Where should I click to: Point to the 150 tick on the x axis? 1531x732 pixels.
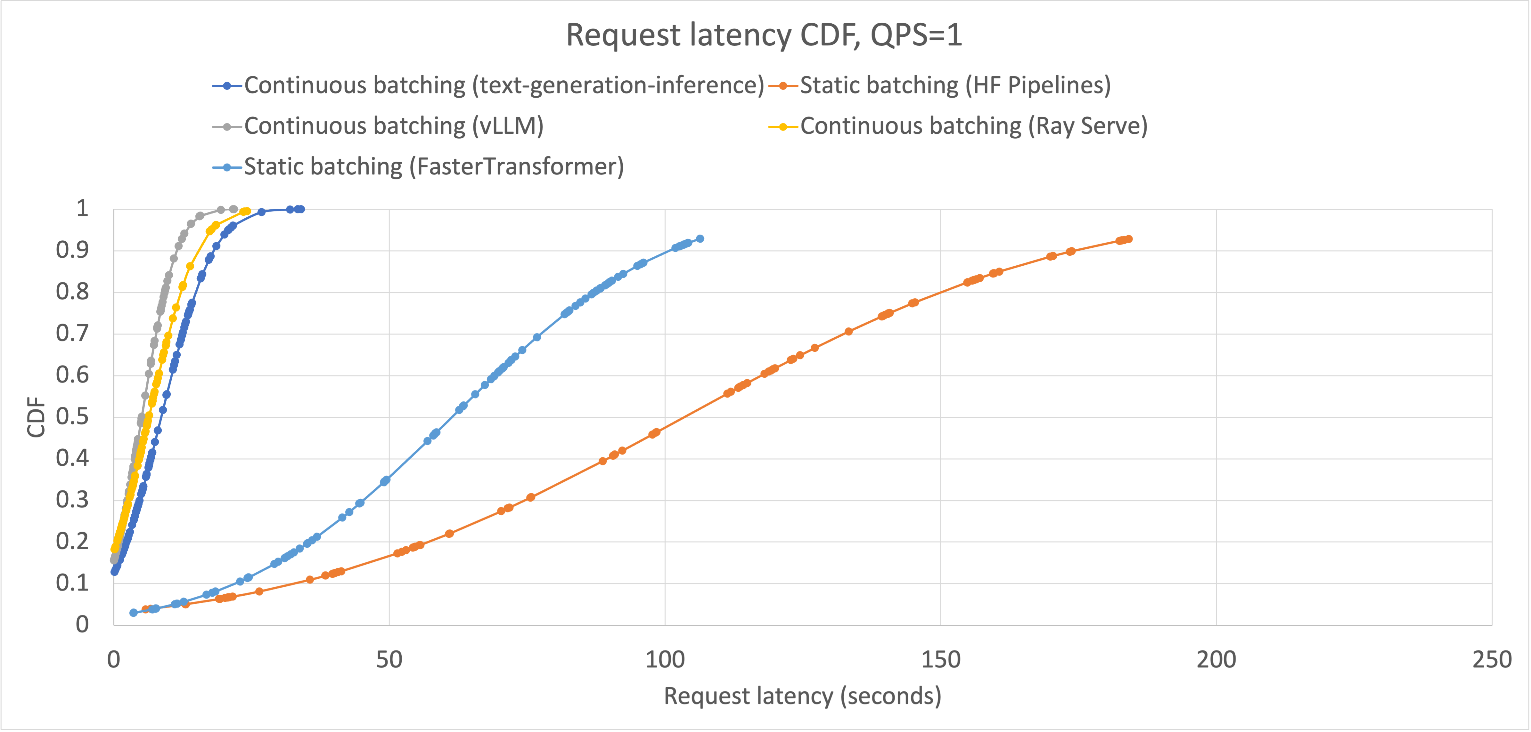(x=940, y=660)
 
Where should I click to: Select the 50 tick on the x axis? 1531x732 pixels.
(x=389, y=660)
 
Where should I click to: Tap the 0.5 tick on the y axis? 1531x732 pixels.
(x=72, y=416)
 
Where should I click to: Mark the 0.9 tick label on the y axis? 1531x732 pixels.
(x=72, y=250)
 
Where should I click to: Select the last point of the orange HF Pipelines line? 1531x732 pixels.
(x=1129, y=239)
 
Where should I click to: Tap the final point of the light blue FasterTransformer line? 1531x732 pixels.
(x=700, y=238)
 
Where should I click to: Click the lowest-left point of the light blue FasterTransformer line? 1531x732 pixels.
(x=134, y=613)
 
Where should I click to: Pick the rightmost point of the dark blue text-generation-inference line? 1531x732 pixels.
(x=301, y=209)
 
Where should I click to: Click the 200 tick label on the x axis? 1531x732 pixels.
(x=1216, y=660)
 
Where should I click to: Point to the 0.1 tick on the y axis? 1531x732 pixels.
(x=72, y=583)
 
